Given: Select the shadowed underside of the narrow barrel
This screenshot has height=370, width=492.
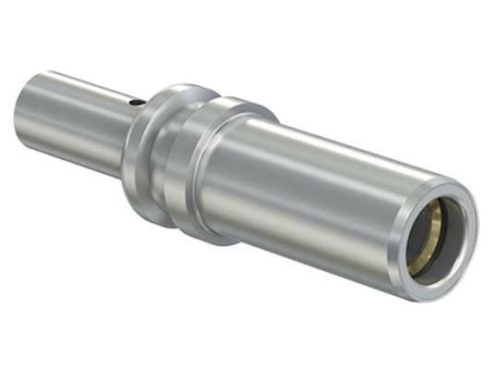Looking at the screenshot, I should coord(74,148).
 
